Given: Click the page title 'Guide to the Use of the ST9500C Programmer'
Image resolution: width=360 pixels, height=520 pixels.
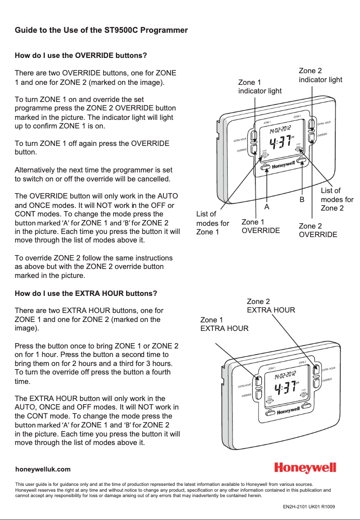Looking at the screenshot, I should tap(101, 31).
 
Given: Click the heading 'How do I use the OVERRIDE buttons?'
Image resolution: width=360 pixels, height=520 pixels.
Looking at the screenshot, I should tap(81, 56).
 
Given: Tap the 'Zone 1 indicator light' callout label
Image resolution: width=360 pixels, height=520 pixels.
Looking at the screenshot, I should tap(259, 87).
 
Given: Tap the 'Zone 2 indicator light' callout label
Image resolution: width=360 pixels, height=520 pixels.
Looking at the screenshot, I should tap(320, 75).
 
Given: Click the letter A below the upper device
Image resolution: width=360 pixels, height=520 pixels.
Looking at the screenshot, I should tap(266, 207).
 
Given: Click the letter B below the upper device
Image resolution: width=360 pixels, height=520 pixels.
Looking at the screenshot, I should tap(302, 198).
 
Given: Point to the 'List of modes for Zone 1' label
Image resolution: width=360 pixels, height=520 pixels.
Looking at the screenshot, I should tap(212, 223).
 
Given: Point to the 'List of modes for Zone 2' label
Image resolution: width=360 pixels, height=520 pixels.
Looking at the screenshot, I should tap(337, 199).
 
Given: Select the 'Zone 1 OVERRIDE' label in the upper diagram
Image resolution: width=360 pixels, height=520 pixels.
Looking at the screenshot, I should tap(260, 226).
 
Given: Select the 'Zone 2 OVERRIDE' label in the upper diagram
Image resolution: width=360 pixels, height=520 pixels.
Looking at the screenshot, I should tap(318, 230).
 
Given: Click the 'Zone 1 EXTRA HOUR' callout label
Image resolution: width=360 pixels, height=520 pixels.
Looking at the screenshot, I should tap(224, 324).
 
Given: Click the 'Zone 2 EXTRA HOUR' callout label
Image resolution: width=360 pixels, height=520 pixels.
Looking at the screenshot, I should tap(271, 305).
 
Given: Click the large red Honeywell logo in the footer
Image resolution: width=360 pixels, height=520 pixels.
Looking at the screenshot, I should tap(305, 468).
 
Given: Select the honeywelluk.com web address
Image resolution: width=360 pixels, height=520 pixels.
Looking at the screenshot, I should tap(43, 469).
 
